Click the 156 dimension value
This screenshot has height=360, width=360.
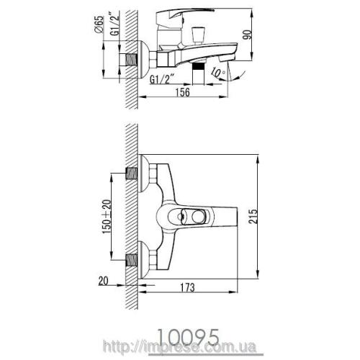pos(183,92)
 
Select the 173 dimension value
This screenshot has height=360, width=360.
pos(187,287)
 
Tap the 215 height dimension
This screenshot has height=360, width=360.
pos(253,217)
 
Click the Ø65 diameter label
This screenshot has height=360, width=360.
pos(99,24)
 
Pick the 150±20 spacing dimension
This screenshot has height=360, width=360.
pos(107,217)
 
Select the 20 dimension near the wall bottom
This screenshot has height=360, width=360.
pos(103,281)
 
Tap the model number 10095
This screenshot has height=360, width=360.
pos(189,337)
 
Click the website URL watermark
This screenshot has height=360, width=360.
pos(180,346)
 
